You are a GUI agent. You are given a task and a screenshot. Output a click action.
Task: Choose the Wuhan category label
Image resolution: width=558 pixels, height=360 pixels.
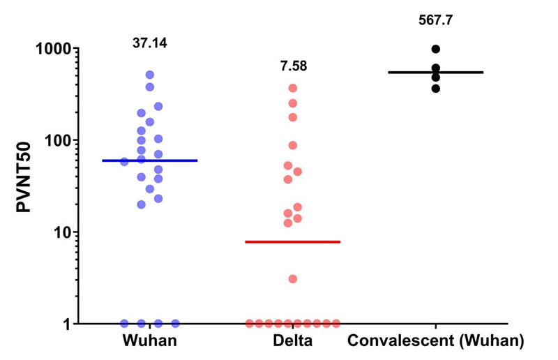149,342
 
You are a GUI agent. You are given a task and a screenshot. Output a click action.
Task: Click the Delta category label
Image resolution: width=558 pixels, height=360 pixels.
292,342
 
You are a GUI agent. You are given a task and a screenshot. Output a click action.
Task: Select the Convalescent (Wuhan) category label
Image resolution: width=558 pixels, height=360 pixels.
436,342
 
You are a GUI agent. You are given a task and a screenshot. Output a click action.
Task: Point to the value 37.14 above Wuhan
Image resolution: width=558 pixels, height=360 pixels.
149,44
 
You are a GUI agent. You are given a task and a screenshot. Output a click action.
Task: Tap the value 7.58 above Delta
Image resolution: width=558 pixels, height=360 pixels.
292,67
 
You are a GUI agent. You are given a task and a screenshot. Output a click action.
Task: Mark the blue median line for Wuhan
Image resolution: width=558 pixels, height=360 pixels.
149,160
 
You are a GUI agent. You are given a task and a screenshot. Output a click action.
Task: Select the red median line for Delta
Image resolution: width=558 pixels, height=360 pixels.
292,241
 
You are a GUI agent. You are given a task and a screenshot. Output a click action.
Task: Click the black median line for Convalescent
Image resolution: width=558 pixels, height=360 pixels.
436,72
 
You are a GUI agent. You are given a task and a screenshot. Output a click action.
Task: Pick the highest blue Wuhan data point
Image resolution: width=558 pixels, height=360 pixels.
149,75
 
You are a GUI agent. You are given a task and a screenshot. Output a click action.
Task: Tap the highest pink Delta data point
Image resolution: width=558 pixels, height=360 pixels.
293,88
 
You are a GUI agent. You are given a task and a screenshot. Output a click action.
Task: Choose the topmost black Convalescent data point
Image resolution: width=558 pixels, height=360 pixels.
436,49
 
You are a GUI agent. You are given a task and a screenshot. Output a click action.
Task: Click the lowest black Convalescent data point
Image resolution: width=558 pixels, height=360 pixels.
436,89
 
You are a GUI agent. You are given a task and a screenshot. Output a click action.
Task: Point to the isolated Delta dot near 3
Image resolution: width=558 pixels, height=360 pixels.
293,279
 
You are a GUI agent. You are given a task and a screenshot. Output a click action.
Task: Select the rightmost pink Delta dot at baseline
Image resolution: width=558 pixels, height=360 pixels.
336,324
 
